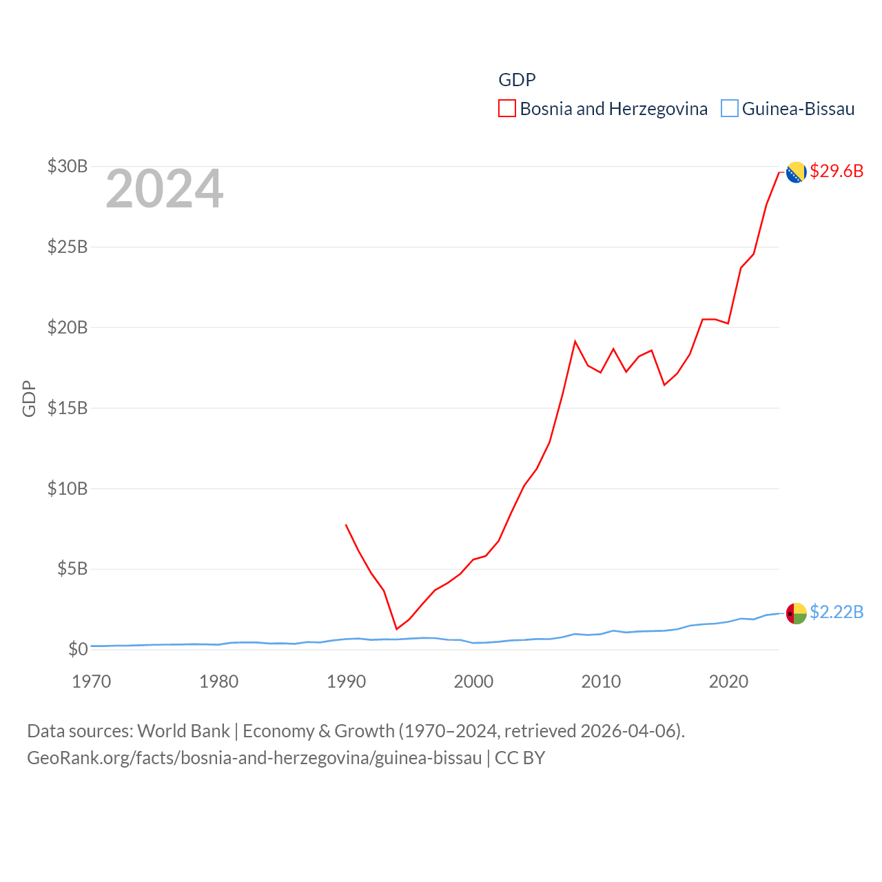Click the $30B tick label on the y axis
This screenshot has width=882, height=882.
click(68, 166)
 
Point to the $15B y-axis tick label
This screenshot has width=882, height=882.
click(68, 408)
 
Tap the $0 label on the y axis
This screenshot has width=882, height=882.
click(78, 649)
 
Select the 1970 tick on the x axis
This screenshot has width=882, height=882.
click(92, 681)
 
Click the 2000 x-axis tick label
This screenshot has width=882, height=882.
click(473, 681)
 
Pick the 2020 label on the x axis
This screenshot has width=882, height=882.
click(728, 681)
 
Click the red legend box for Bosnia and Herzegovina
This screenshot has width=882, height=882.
click(507, 109)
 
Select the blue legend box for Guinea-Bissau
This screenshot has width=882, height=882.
click(730, 109)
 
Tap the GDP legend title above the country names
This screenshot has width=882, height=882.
click(517, 80)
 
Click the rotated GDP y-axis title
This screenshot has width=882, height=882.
click(29, 398)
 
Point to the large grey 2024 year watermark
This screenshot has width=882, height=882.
click(165, 189)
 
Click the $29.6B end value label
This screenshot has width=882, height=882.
click(837, 171)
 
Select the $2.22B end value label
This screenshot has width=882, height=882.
click(837, 612)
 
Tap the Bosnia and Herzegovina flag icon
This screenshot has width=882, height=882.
click(797, 172)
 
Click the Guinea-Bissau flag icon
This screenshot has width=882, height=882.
click(797, 613)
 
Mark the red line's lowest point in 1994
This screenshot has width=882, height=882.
click(397, 628)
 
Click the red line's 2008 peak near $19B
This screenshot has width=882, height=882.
click(575, 342)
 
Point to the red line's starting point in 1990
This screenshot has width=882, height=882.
click(346, 525)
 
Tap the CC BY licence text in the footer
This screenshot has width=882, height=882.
click(520, 758)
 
